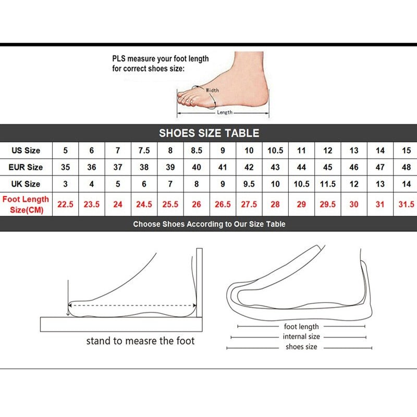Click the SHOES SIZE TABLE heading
click(x=208, y=133)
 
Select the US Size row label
click(x=26, y=151)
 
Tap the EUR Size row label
click(x=26, y=167)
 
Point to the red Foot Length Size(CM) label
click(x=26, y=204)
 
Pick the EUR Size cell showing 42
click(x=249, y=167)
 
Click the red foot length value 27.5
click(x=249, y=204)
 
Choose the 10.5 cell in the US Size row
click(x=275, y=151)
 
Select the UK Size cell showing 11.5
click(x=327, y=184)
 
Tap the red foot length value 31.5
click(x=406, y=204)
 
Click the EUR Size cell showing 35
click(x=66, y=167)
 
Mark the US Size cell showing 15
click(x=406, y=151)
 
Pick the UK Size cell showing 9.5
click(x=249, y=184)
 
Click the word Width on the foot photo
click(x=212, y=90)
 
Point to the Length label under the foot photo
click(x=225, y=113)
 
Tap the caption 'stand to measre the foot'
click(x=140, y=341)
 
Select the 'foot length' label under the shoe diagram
click(x=301, y=327)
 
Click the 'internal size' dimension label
click(x=301, y=337)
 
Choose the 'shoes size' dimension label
click(x=301, y=347)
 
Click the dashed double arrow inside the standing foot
click(x=132, y=306)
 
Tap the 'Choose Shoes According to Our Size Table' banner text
click(x=209, y=224)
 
